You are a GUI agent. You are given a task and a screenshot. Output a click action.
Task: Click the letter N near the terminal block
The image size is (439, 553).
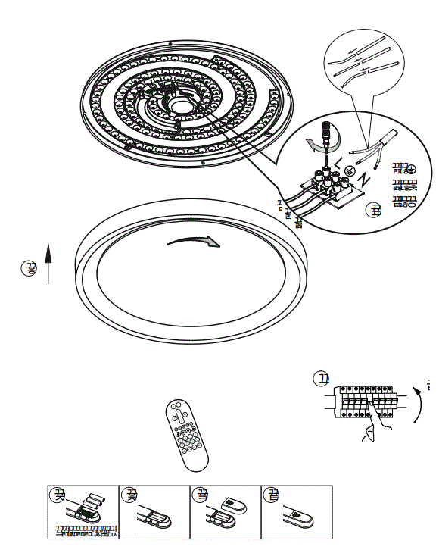tap(364, 180)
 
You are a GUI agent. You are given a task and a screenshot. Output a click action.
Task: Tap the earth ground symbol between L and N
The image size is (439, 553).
tap(350, 170)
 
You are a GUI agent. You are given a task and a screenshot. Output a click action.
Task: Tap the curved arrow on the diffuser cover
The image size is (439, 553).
tap(194, 240)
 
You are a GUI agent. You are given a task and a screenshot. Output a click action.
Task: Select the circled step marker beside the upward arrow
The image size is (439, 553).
tap(30, 267)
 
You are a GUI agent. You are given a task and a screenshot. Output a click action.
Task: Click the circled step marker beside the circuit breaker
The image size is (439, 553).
tap(323, 379)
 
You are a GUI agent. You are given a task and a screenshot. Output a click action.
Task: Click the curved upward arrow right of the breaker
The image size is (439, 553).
tap(418, 401)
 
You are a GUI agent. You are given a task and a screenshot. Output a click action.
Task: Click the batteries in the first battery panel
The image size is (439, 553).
tap(92, 504)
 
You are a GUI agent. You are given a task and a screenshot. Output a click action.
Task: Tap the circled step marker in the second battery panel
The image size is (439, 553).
tap(131, 496)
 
